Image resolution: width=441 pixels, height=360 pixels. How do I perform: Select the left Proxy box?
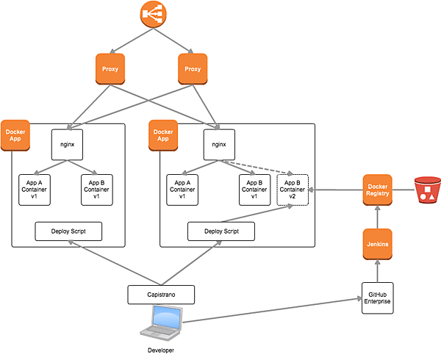pyautogui.click(x=110, y=69)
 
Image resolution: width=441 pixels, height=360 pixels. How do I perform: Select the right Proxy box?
pyautogui.click(x=193, y=69)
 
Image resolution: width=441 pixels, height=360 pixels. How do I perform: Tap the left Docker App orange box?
pyautogui.click(x=15, y=135)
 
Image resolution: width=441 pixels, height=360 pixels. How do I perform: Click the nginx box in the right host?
pyautogui.click(x=218, y=144)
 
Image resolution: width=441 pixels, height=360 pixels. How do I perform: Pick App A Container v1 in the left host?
pyautogui.click(x=35, y=190)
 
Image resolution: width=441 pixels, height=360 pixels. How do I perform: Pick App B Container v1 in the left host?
pyautogui.click(x=96, y=190)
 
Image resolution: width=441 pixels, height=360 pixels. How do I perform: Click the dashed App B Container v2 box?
pyautogui.click(x=293, y=190)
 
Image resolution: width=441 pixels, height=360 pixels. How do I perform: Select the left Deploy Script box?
pyautogui.click(x=68, y=231)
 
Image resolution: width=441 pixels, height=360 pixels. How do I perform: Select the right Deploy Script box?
pyautogui.click(x=220, y=231)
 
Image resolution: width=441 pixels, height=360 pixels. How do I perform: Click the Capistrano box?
pyautogui.click(x=162, y=294)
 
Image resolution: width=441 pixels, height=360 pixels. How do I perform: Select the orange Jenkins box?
pyautogui.click(x=376, y=243)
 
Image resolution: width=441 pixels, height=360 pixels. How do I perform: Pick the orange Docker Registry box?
pyautogui.click(x=376, y=190)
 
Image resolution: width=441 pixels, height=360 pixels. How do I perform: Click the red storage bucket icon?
pyautogui.click(x=427, y=190)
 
